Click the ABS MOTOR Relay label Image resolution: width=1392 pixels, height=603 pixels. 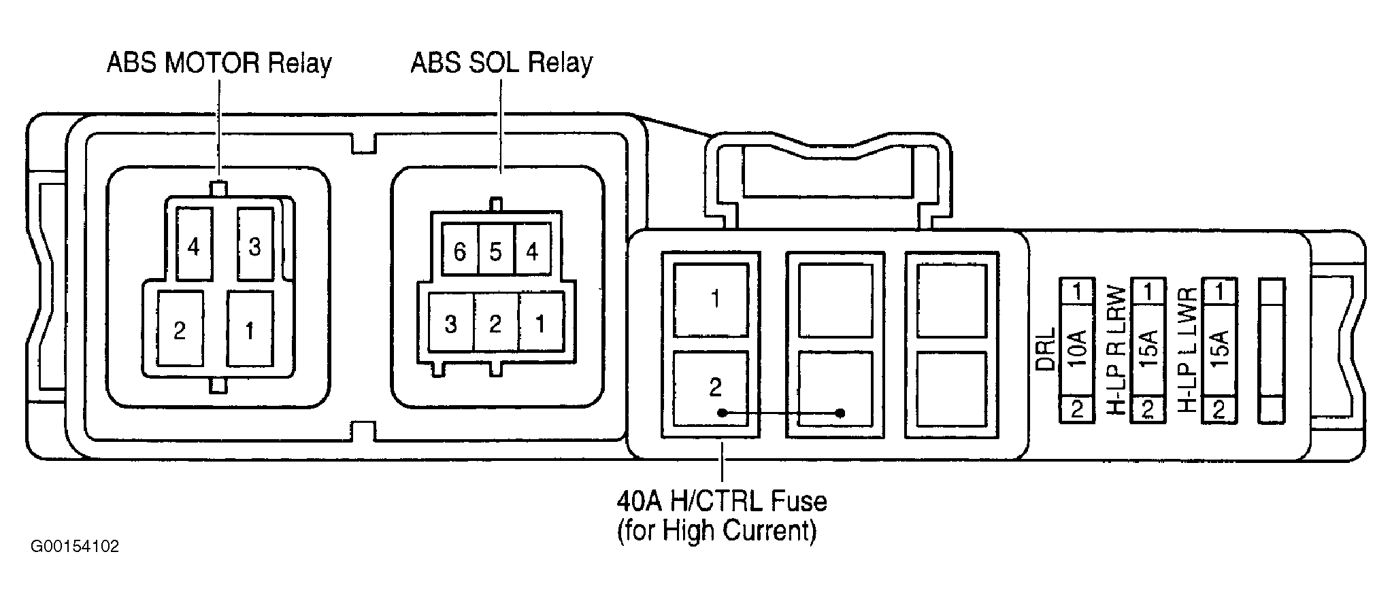pos(219,63)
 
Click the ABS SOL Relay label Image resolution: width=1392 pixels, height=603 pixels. pos(501,63)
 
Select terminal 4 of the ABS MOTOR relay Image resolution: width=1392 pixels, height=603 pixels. pos(194,244)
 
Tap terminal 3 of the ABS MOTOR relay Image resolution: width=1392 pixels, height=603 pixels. pos(254,244)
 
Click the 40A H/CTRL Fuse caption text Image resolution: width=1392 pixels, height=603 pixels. pos(721,515)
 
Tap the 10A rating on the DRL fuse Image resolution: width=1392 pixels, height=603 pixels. pos(1078,349)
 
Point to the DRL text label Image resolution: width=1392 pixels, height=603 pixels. pos(1046,349)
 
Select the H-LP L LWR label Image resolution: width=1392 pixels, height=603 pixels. pos(1187,350)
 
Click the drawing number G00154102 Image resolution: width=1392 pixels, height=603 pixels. pos(75,547)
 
